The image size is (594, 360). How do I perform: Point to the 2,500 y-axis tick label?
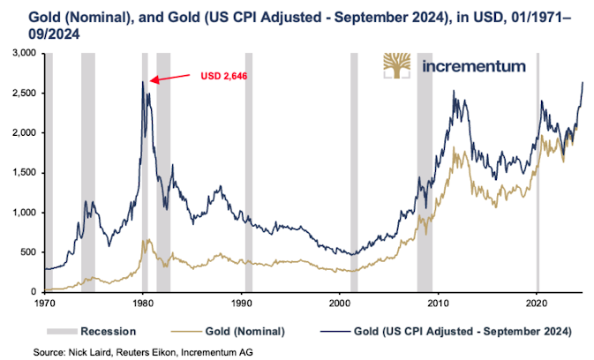(x=22, y=93)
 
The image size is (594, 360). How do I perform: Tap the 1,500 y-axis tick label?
(x=22, y=173)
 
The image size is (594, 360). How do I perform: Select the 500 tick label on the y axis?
(x=26, y=252)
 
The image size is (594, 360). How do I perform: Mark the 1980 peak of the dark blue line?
(x=143, y=82)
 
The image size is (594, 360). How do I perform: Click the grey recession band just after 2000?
(x=354, y=176)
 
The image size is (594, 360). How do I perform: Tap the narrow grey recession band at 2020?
(x=538, y=176)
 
